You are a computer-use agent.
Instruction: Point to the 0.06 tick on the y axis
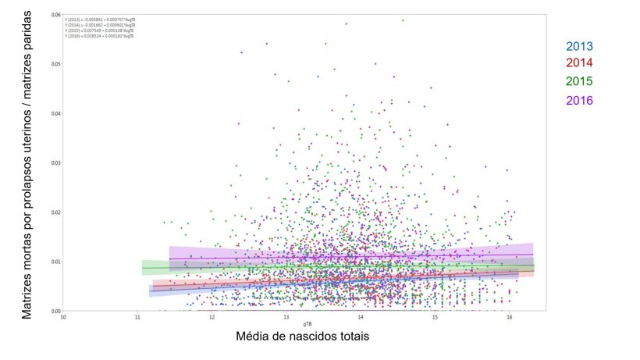tap(56, 15)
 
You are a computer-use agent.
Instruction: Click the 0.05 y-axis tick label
tap(56, 64)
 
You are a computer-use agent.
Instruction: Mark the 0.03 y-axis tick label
tap(56, 162)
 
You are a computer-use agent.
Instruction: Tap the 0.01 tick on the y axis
tap(56, 262)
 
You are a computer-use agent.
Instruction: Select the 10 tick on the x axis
tap(63, 317)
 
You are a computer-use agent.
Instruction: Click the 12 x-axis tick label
tap(212, 317)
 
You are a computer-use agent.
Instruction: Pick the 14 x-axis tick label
tap(361, 317)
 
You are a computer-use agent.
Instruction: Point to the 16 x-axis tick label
tap(509, 317)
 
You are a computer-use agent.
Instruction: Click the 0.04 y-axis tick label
tap(56, 113)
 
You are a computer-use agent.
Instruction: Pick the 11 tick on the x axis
tap(138, 317)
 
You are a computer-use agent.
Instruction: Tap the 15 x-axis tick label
tap(435, 317)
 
